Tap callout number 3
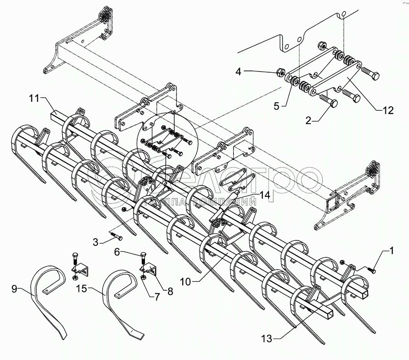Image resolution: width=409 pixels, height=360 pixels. [95, 242]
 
